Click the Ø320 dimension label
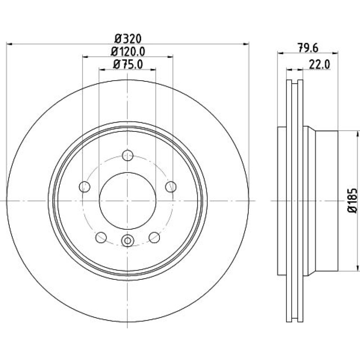click(128, 39)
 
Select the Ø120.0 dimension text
click(128, 51)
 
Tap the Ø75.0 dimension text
click(128, 64)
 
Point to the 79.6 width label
click(308, 48)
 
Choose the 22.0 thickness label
click(319, 64)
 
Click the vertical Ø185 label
click(352, 201)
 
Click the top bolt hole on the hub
click(128, 156)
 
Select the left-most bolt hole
click(85, 186)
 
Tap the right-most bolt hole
click(171, 186)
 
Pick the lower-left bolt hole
click(101, 237)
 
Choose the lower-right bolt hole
click(154, 237)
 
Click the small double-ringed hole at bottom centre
click(127, 240)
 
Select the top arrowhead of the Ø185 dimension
click(357, 134)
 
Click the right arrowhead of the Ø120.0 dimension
click(170, 57)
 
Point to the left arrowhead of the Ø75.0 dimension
click(102, 69)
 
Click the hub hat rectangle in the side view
click(327, 201)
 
